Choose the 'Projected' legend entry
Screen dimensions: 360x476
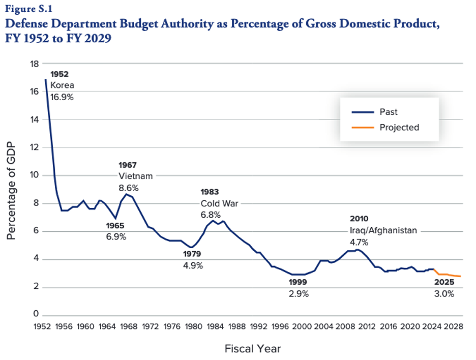(399, 128)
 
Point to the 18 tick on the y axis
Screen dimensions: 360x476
(35, 64)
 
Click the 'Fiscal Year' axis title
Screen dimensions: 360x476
(252, 349)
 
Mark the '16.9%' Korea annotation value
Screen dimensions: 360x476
(62, 97)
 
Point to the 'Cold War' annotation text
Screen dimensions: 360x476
(219, 203)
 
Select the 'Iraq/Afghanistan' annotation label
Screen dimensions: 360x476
(382, 230)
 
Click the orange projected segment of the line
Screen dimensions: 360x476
(448, 275)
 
